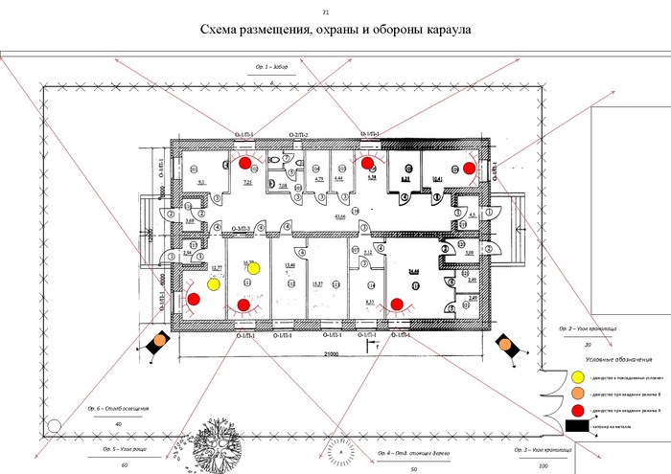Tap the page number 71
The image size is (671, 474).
[x=326, y=11]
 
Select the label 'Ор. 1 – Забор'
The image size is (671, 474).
[x=271, y=69]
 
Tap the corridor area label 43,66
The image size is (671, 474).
[x=338, y=217]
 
